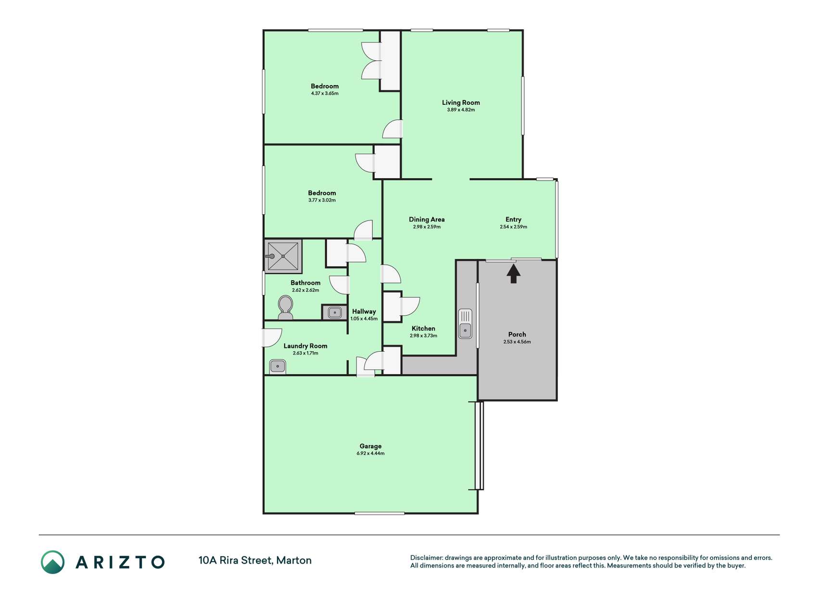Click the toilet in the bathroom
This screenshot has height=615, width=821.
coord(285,307)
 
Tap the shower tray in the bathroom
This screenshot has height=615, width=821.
coord(283,256)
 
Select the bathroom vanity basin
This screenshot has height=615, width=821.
coord(334,313)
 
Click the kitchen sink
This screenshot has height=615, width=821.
coord(465,323)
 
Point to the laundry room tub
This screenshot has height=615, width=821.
coord(278,366)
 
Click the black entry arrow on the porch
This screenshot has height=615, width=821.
coord(514,273)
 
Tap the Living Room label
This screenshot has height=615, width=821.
coord(461,102)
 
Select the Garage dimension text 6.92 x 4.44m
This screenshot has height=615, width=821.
coord(370,453)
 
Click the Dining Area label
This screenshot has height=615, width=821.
coord(427,220)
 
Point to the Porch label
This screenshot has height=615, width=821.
coord(517,334)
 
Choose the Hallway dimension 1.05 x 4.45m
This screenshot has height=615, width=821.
coord(364,319)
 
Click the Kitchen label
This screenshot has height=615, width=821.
coord(423,329)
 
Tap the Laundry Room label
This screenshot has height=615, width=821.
coord(305,346)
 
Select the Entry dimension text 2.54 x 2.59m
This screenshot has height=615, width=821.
coord(513,227)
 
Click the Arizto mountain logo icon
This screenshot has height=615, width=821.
coord(52,562)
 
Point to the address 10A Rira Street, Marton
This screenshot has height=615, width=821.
coord(255,560)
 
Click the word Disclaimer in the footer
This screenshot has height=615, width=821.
coord(426,558)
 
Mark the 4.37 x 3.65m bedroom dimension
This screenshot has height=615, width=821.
coord(325,93)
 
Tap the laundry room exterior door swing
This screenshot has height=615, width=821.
coord(272,338)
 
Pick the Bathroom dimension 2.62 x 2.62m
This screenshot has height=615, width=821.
coord(305,290)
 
